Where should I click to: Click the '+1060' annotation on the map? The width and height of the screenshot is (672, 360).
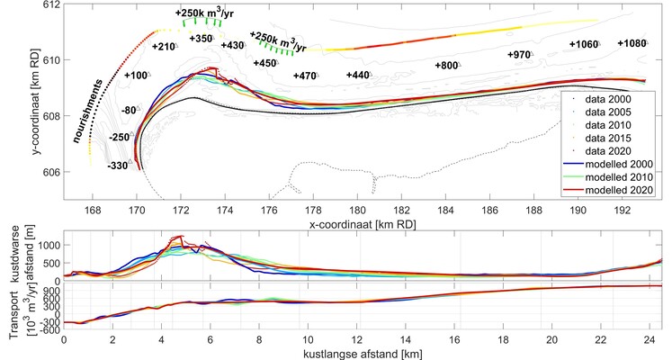(x=583, y=44)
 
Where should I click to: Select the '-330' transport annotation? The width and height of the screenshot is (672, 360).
(x=117, y=166)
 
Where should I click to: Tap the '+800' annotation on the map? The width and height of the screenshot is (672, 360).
(x=447, y=65)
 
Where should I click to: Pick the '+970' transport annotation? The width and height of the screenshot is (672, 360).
(x=520, y=55)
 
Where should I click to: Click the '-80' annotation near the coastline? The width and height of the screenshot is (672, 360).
(x=130, y=110)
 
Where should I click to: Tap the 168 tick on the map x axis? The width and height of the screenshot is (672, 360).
(x=93, y=211)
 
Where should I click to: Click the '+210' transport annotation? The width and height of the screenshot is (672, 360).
(x=165, y=46)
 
